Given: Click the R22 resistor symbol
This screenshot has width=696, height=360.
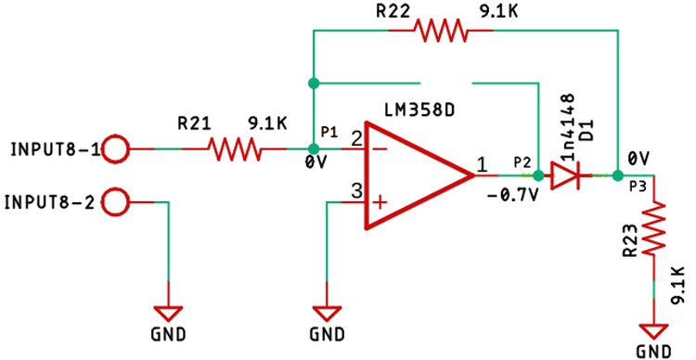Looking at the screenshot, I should [x=441, y=31].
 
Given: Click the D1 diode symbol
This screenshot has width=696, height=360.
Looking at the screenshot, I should [x=564, y=174].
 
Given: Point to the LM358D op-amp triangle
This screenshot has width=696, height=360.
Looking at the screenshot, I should [x=418, y=174].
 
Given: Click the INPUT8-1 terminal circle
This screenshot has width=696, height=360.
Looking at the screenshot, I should [x=116, y=148].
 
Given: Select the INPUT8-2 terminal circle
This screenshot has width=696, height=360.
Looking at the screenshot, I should [x=116, y=201].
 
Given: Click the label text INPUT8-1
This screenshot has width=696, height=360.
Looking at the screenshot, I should [x=53, y=148].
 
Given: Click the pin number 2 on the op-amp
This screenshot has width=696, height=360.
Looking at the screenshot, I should [x=355, y=138].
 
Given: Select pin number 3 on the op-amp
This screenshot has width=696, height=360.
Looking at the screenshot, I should [x=355, y=192].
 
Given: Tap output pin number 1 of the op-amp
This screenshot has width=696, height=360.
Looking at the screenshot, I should [x=482, y=164].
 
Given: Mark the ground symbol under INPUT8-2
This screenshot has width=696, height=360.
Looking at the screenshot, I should [x=168, y=312].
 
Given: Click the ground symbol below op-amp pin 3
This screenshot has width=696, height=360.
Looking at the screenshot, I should [x=326, y=313].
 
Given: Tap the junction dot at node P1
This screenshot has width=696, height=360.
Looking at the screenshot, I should [x=313, y=148].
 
